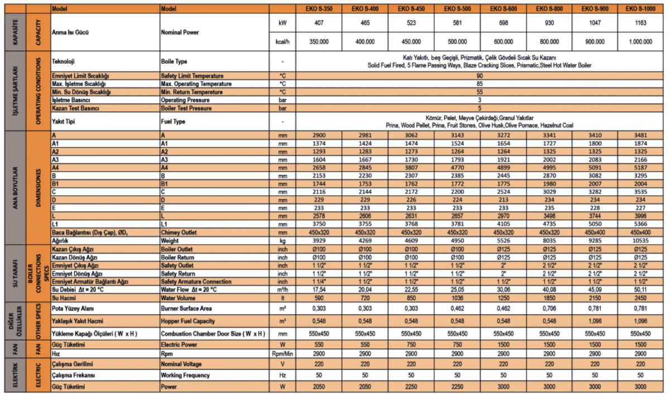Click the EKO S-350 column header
tap(318, 9)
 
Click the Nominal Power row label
tap(180, 32)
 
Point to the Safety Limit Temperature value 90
tap(480, 75)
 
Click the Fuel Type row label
tap(173, 121)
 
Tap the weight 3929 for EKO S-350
tap(318, 240)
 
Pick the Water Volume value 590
tap(318, 298)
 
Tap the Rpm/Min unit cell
tap(283, 355)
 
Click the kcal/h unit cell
tap(283, 42)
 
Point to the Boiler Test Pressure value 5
tap(480, 107)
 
